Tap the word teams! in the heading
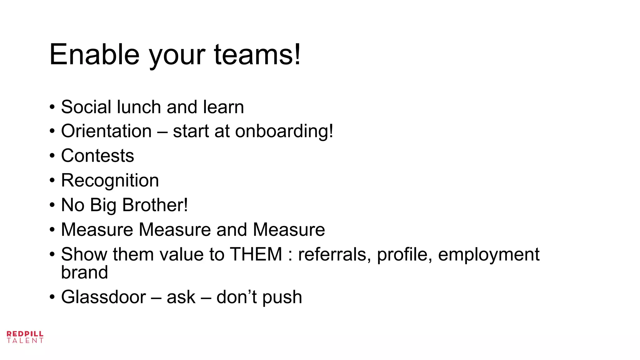[x=257, y=55]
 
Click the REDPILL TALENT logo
[x=25, y=337]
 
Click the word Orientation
[x=106, y=131]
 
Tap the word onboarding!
[x=284, y=132]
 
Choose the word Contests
[x=97, y=156]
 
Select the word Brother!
[x=155, y=205]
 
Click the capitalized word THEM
[x=256, y=254]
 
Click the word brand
[x=84, y=272]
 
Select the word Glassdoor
[x=103, y=297]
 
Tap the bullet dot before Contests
[x=52, y=156]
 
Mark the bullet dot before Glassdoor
[x=52, y=297]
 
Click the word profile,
[x=404, y=254]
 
